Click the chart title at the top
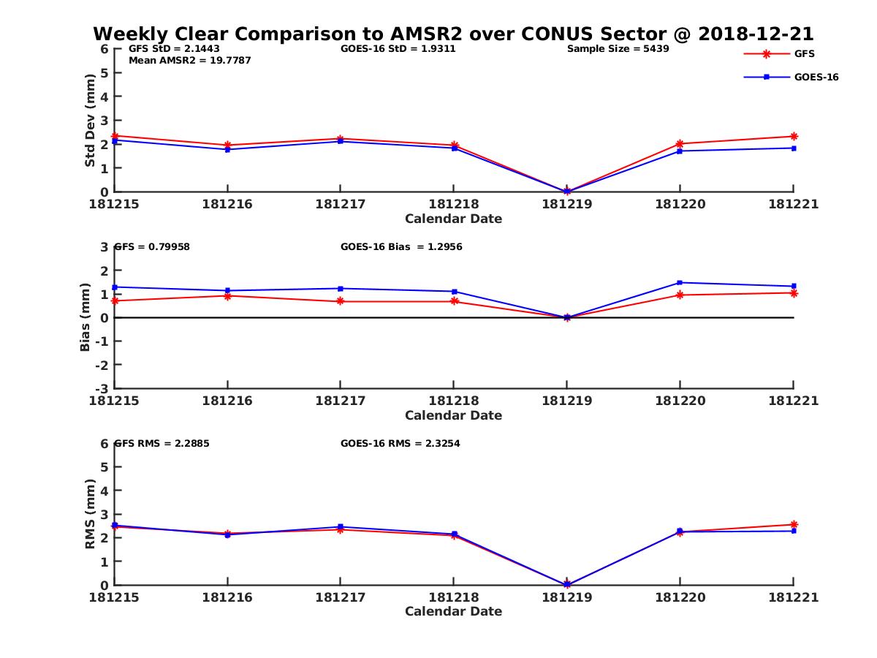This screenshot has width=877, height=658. coord(453,34)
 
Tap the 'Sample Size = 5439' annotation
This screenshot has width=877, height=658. coord(618,49)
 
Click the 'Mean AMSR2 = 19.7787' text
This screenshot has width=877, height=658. coord(189,61)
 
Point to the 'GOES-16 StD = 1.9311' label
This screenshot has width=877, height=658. coord(398,49)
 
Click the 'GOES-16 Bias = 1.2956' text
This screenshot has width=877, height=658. coord(401,247)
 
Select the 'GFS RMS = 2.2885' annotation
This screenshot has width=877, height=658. coord(162,443)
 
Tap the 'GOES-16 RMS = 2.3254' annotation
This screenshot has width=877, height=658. coord(400,443)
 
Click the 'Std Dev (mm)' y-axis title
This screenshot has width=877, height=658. coord(90,121)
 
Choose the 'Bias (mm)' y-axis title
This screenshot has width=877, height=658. coord(85,318)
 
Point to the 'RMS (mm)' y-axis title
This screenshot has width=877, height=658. coord(90,514)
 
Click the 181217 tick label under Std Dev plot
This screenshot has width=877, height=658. coord(340,205)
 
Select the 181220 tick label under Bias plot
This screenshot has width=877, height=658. coord(680,401)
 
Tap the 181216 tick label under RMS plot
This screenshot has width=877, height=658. coord(227,597)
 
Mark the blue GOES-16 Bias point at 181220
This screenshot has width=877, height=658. coord(680,283)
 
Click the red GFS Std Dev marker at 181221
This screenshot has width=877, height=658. coord(794,136)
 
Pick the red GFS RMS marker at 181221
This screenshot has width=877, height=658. coord(794,524)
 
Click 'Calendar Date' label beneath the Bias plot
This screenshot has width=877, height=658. coord(453,415)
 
